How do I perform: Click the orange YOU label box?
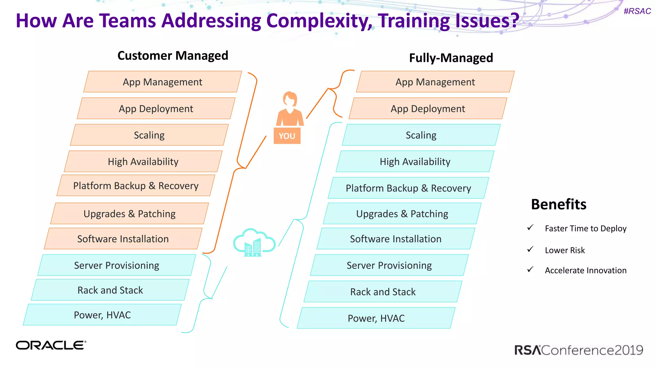tap(287, 136)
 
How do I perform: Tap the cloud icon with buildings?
tap(254, 242)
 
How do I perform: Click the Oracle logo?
tap(51, 345)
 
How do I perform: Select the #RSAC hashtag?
tap(637, 11)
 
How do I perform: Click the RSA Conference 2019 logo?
tap(578, 350)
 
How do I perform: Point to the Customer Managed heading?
tap(173, 56)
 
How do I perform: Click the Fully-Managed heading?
tap(451, 58)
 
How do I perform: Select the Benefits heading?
tap(559, 204)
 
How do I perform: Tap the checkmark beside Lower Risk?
tap(530, 249)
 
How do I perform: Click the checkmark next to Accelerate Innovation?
tap(530, 269)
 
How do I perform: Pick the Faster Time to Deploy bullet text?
tap(586, 228)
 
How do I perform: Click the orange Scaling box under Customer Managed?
tap(149, 135)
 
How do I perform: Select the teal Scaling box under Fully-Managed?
tap(421, 135)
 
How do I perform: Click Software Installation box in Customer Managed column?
tap(123, 239)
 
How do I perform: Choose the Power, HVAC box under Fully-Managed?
tap(376, 318)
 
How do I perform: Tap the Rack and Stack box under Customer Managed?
tap(110, 290)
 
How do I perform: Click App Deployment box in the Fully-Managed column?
tap(428, 109)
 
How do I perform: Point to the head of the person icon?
tap(290, 99)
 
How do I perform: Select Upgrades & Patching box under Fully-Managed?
tap(402, 214)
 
